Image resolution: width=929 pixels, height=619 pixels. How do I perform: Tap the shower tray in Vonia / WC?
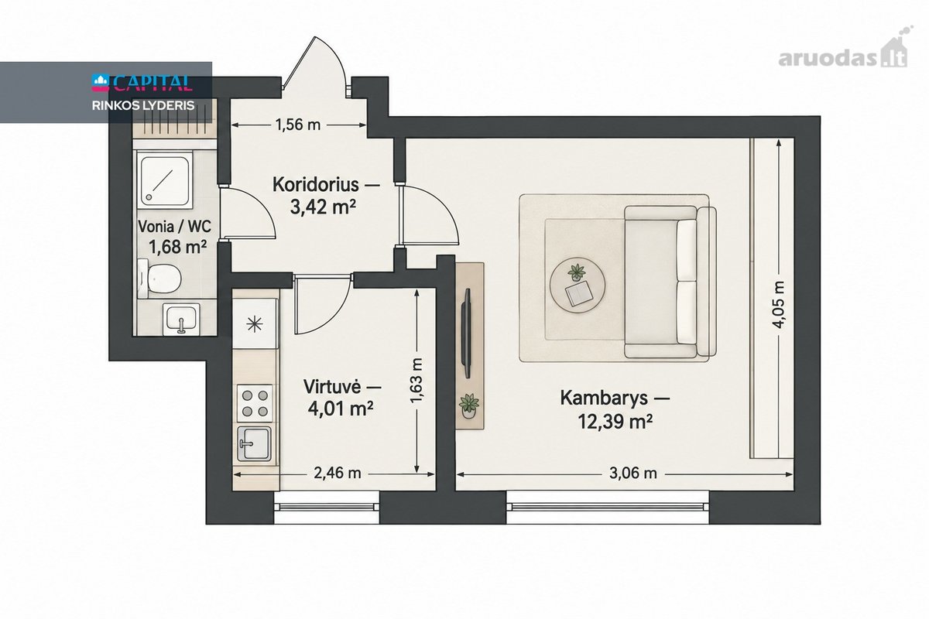(165, 180)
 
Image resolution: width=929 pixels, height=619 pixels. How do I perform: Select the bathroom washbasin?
(181, 319)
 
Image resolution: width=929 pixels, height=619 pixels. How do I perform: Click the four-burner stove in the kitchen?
(255, 403)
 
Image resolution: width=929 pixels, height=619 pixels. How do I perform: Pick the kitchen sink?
(254, 444)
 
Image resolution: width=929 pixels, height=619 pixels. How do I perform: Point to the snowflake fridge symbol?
(255, 324)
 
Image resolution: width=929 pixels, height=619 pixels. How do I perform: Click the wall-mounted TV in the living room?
(467, 333)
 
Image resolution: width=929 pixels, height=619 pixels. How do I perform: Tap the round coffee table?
(578, 286)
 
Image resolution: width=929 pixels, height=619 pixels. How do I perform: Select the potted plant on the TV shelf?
(469, 405)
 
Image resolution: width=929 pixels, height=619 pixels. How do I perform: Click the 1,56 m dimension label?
(298, 125)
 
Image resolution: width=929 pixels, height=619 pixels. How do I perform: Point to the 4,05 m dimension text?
(780, 304)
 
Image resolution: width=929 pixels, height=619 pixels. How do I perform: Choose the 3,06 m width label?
(633, 474)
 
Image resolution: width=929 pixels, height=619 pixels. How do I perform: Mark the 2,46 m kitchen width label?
(338, 473)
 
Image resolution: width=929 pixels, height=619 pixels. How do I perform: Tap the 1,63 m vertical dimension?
(417, 381)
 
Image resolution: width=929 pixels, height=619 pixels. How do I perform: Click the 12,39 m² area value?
(615, 422)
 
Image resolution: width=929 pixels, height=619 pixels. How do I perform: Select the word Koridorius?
(316, 185)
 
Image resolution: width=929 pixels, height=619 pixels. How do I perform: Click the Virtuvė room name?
(332, 386)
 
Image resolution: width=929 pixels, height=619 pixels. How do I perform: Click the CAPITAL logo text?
(142, 83)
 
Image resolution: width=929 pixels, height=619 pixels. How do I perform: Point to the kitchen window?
(327, 507)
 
